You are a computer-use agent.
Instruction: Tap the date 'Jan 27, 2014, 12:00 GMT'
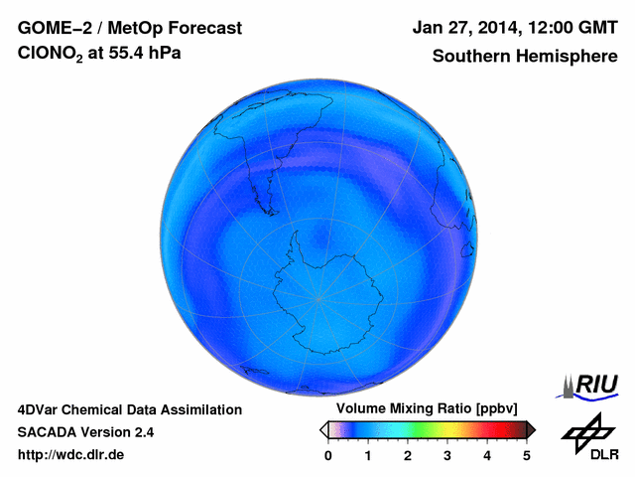(x=514, y=29)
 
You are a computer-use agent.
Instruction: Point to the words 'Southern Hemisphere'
(x=525, y=57)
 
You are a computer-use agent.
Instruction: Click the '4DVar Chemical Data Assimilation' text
(x=130, y=409)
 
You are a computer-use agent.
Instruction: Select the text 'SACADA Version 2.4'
(x=85, y=432)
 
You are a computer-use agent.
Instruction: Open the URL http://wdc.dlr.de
(x=72, y=455)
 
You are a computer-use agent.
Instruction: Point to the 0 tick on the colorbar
(x=329, y=454)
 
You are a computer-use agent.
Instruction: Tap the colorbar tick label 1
(x=368, y=454)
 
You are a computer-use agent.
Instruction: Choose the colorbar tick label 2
(x=408, y=454)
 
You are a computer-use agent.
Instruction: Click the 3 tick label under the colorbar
(x=447, y=454)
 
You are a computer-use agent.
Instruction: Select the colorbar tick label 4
(x=487, y=454)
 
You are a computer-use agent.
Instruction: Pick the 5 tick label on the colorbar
(x=527, y=454)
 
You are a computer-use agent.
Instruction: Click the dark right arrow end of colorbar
(x=531, y=429)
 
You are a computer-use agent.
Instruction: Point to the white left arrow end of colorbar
(x=323, y=429)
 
